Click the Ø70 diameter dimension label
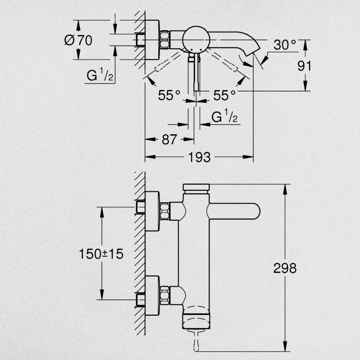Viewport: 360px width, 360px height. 78,40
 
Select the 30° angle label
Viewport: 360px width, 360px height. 285,45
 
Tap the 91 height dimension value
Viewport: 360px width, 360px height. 304,66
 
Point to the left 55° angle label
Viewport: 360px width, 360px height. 169,95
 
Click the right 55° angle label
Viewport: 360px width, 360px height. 224,95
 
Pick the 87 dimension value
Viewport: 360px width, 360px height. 169,139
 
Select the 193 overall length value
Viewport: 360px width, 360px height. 199,157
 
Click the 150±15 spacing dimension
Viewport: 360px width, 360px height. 101,254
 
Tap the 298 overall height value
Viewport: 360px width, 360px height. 285,268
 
